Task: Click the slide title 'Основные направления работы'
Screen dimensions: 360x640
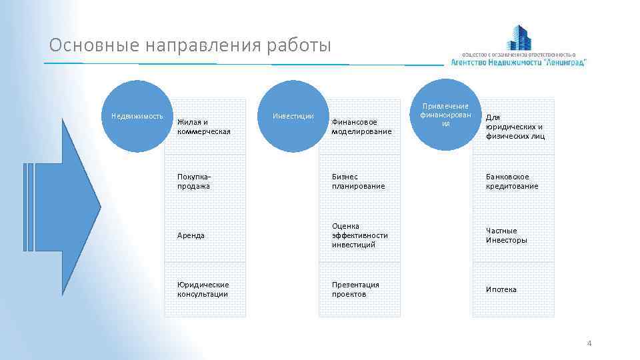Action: [190, 45]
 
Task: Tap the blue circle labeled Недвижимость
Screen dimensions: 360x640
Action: [139, 115]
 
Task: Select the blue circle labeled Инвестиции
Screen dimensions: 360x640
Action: [293, 116]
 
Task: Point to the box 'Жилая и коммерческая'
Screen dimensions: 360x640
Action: [205, 127]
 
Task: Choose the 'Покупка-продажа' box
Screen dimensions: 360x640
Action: [205, 181]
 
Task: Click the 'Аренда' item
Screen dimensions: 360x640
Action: [205, 235]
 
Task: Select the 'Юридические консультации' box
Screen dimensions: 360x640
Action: [205, 289]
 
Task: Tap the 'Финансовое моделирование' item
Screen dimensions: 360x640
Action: [359, 127]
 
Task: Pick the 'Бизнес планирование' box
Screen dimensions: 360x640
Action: [359, 181]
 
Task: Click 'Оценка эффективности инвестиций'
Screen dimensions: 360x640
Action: [359, 235]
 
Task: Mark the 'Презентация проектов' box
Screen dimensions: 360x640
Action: [359, 289]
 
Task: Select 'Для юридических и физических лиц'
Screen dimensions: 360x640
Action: [513, 127]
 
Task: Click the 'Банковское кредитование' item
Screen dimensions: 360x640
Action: [513, 181]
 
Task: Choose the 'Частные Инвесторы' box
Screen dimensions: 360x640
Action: [513, 235]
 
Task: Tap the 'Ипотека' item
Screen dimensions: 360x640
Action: [513, 289]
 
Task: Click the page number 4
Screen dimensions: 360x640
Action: [589, 343]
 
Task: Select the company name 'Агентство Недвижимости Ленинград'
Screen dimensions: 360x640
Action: [519, 61]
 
